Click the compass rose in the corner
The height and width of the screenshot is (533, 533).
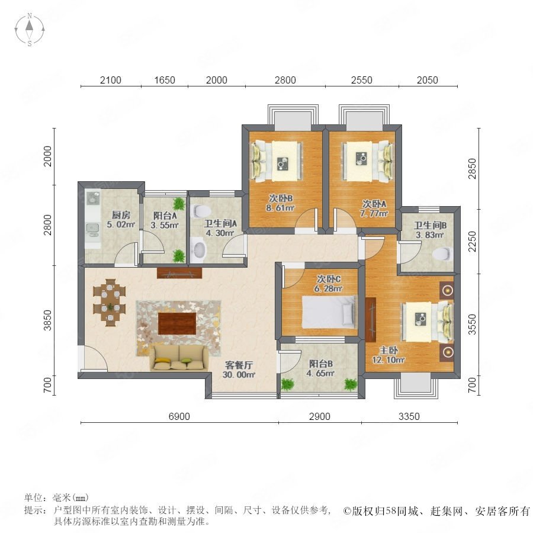30,30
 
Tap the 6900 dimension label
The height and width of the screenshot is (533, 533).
179,416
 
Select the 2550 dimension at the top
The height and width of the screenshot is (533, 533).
362,80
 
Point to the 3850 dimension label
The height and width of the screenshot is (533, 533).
47,320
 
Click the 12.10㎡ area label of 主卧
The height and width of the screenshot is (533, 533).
388,359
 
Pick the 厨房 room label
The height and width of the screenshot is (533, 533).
121,215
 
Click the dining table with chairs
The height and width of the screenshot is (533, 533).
110,303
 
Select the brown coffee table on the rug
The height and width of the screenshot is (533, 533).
176,323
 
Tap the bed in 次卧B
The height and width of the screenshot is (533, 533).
277,160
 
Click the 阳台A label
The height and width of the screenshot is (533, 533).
165,216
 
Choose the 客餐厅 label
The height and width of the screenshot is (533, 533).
239,365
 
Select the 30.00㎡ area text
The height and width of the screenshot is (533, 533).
239,375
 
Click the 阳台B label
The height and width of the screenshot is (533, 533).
321,364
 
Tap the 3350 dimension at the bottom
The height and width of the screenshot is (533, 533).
409,416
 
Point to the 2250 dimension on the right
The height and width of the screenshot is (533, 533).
473,242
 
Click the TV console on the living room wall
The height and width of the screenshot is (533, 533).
179,273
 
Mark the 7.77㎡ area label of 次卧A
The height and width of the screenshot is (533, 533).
374,213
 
